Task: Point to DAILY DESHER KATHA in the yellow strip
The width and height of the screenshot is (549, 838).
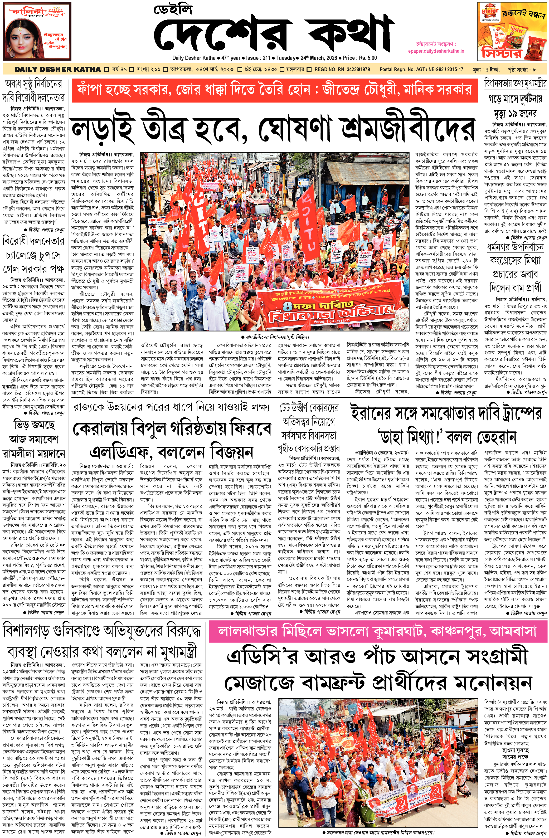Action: [58, 69]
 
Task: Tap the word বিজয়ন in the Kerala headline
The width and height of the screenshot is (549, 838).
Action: [231, 452]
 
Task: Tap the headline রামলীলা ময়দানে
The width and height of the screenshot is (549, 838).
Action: [33, 453]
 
